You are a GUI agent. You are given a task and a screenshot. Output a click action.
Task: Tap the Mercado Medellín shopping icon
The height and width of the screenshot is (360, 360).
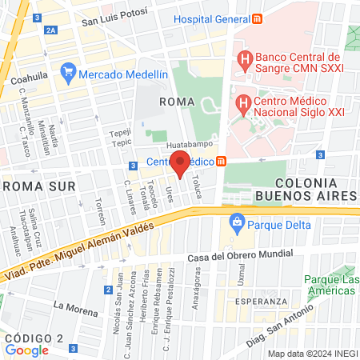[x=69, y=74]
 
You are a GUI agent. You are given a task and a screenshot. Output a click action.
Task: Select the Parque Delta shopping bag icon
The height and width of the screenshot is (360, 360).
[x=236, y=222]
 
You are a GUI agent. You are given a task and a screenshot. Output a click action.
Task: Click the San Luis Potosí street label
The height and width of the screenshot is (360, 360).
[x=115, y=18]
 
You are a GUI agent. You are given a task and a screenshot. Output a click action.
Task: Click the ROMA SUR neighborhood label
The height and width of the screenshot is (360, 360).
[x=39, y=186]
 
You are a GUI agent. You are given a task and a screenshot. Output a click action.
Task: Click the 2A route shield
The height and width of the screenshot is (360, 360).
[x=52, y=30]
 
